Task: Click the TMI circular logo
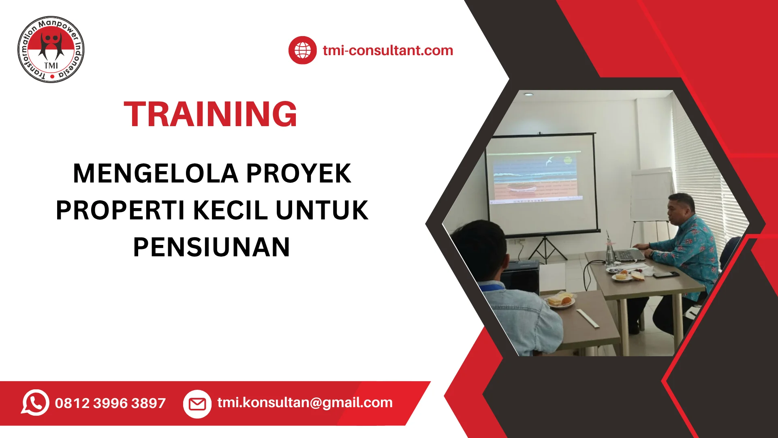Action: (x=51, y=49)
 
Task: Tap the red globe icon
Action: (x=302, y=50)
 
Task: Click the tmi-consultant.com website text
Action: (x=388, y=50)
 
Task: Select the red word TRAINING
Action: (x=210, y=114)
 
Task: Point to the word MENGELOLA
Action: (x=156, y=173)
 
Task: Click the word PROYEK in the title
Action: (x=299, y=173)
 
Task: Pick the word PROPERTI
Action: (x=120, y=210)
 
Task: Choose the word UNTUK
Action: (x=322, y=210)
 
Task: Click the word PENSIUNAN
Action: (x=212, y=247)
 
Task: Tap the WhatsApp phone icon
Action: (x=35, y=403)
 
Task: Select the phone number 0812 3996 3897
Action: (x=110, y=403)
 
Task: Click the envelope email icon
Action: (x=197, y=404)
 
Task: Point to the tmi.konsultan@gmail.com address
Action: (x=305, y=403)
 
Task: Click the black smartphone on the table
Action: (x=666, y=275)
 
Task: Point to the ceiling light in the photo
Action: (x=528, y=94)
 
